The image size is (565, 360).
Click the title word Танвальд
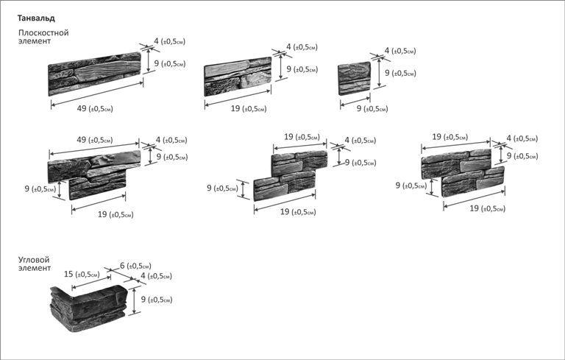click(x=36, y=17)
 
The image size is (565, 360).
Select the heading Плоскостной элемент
click(x=43, y=38)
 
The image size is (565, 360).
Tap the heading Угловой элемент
click(x=34, y=264)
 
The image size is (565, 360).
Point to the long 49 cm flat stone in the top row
click(x=94, y=74)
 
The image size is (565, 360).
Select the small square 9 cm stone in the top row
click(x=354, y=80)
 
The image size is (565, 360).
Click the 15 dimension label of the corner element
click(x=81, y=274)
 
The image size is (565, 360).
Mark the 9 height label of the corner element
click(x=156, y=300)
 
